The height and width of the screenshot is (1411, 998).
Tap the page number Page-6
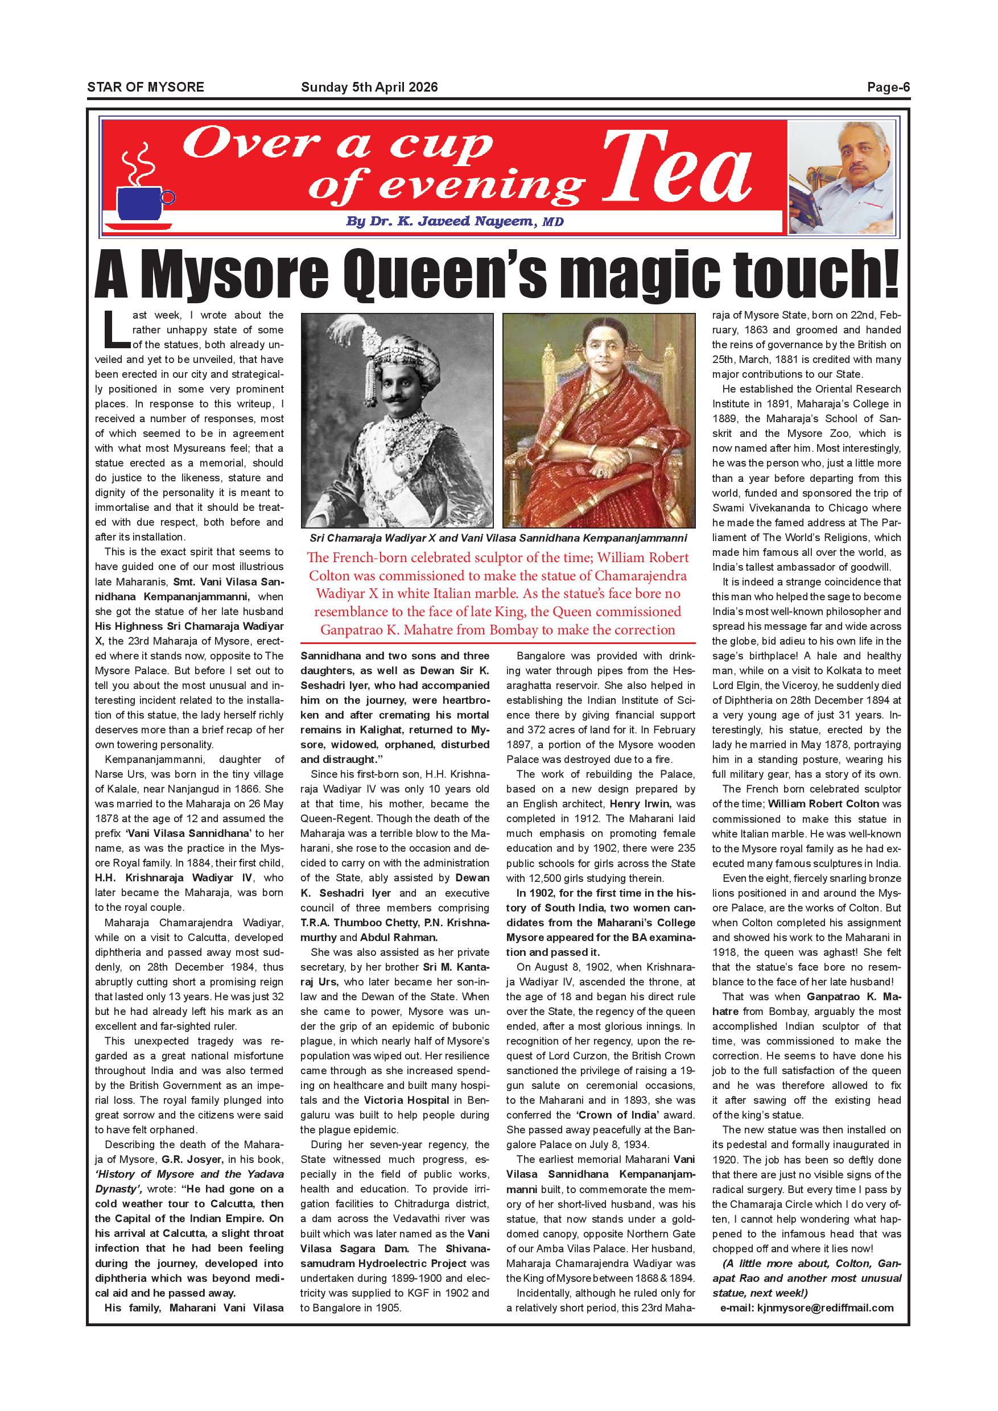888,87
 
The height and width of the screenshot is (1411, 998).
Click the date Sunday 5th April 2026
369,87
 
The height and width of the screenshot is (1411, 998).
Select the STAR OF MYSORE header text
146,87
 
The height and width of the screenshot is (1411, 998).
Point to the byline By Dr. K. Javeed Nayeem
455,221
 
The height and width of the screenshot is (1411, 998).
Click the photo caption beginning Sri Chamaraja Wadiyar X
498,538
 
